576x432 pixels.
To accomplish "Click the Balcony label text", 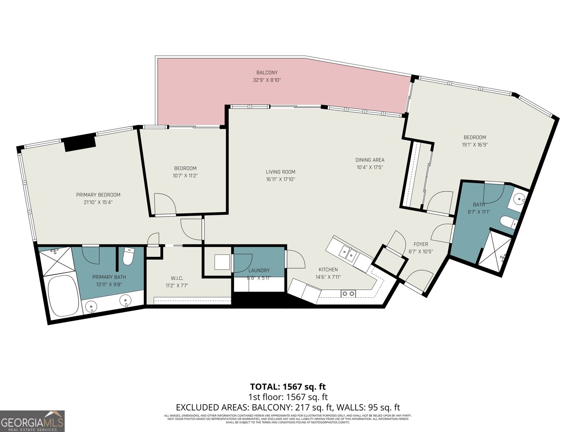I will (x=267, y=73).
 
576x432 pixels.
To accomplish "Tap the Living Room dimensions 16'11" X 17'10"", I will (x=280, y=179).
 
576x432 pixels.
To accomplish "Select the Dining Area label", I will (x=370, y=160).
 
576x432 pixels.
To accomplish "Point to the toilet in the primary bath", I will (x=128, y=256).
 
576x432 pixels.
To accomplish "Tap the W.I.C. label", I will (x=177, y=278).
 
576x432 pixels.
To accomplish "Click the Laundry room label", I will (x=259, y=270).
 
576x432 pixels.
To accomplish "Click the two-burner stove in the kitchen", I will (x=348, y=294).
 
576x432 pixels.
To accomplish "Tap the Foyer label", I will (x=420, y=244).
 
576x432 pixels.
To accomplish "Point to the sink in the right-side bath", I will (x=518, y=198).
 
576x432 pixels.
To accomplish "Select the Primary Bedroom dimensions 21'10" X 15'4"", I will (x=98, y=202).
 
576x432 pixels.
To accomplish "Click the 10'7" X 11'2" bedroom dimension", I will (x=185, y=176).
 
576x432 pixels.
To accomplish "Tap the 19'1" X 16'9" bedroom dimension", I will (x=475, y=145).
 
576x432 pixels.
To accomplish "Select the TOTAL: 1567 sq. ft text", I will (x=288, y=387).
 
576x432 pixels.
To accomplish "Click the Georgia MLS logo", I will (x=32, y=421).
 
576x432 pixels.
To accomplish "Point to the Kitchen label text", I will (x=328, y=269).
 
